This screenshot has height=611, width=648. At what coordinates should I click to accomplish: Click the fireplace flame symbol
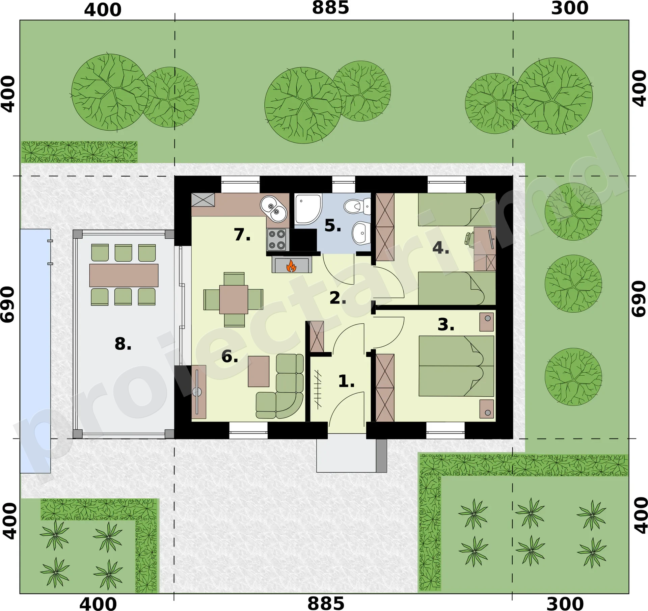pos(291,266)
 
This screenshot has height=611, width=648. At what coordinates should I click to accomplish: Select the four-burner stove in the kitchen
pos(277,240)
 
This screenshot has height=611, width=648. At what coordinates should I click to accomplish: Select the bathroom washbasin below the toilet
pos(361,233)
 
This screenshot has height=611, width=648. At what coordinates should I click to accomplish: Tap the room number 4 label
pos(441,248)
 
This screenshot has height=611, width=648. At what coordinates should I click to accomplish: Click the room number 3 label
pos(446,324)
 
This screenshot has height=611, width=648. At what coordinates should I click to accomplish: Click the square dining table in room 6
pos(234,299)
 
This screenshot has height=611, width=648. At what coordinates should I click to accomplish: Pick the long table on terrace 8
pos(124,275)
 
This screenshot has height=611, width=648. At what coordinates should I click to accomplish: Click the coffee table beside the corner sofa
pos(259,371)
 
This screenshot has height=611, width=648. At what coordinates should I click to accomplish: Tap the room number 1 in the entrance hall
pos(346,381)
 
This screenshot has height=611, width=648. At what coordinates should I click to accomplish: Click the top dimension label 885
pos(330,8)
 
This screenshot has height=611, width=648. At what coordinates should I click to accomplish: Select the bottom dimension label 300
pos(565,604)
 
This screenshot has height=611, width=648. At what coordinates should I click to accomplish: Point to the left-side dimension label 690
pos(8,304)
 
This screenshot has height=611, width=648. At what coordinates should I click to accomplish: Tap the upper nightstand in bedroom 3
pos(487,322)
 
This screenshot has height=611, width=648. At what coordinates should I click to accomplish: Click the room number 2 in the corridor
pos(338,298)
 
